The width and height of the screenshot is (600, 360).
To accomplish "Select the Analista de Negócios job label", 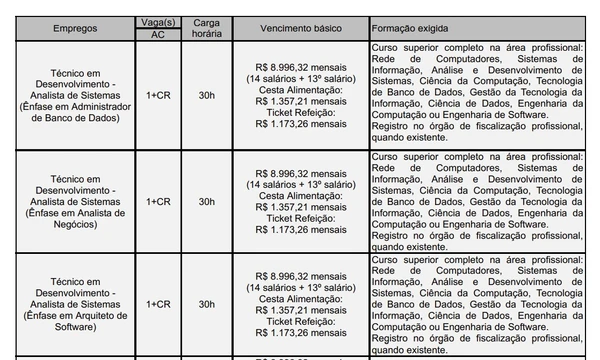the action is coord(69,201).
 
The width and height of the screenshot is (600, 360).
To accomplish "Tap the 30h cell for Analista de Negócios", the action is coord(205,201).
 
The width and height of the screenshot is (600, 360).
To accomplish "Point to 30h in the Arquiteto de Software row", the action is coord(205,303).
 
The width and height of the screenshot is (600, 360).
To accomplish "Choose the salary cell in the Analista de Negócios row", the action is coord(299,201).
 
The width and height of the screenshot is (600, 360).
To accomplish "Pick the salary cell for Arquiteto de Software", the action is coord(299,303).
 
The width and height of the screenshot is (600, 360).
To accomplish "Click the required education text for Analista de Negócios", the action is coord(483,201).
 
